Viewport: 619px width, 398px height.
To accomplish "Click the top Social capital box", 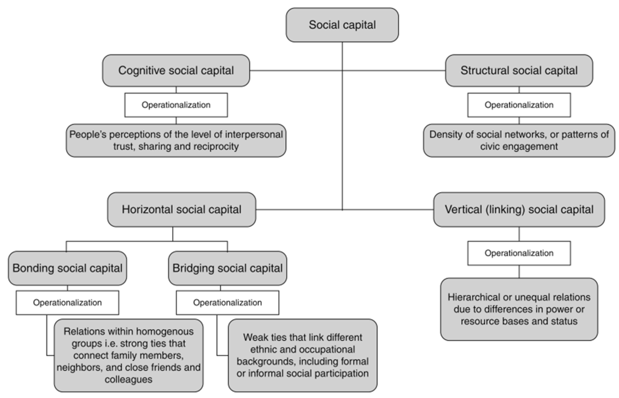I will (x=342, y=25).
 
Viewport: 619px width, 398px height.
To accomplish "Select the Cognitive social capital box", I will (x=176, y=71).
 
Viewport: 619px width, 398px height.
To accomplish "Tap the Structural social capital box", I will (x=519, y=71).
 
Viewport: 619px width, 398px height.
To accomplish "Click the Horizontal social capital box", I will (x=181, y=209).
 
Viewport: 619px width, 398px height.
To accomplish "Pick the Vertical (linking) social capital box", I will (x=519, y=209).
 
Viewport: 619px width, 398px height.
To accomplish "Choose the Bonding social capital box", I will (x=67, y=268).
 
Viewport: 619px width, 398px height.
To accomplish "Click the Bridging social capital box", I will (x=227, y=268).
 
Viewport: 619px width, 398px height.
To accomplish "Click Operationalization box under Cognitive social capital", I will (x=176, y=105).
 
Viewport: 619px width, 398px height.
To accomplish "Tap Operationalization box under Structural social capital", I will (x=519, y=105).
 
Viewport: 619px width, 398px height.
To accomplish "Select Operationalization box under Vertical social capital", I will (x=519, y=253).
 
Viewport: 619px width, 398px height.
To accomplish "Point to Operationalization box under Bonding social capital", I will (x=67, y=303).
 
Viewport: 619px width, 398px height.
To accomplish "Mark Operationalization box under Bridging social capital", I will (x=227, y=303).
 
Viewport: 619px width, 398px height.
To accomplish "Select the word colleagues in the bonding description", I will (x=129, y=379).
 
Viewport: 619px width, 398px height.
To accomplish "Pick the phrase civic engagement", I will (x=519, y=147).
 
